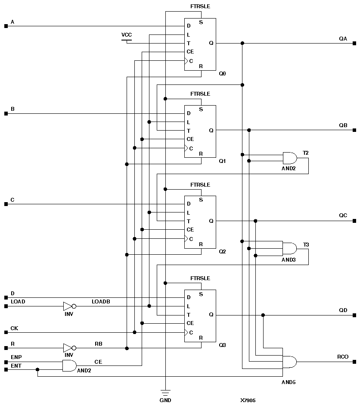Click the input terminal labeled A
6,26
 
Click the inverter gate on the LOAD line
69,306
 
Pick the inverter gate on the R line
69,348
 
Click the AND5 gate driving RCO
289,362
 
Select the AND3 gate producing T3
289,248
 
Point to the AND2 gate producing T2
289,158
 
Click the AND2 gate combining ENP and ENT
69,366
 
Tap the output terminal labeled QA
354,43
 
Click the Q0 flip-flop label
222,74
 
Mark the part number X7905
248,400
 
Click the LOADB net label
101,302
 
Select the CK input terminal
6,332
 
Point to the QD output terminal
354,315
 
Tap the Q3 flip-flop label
222,345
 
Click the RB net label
98,344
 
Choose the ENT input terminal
6,369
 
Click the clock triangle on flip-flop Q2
186,238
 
